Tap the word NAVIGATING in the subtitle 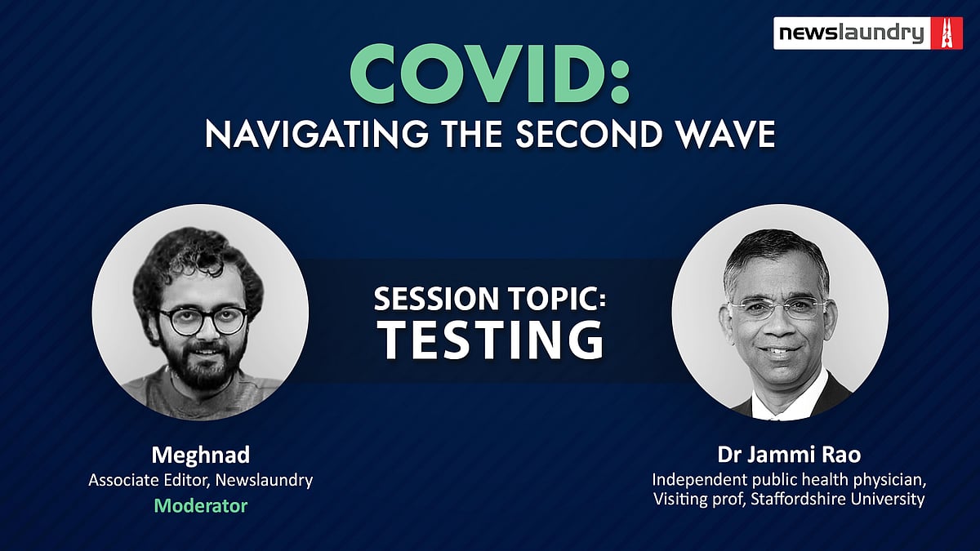click(316, 134)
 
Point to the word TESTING click(492, 340)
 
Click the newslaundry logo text click(851, 33)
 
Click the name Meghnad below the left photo click(201, 455)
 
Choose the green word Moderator click(201, 506)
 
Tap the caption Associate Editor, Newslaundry click(201, 480)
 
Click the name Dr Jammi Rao click(789, 455)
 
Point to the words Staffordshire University click(838, 499)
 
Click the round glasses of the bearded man click(203, 321)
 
